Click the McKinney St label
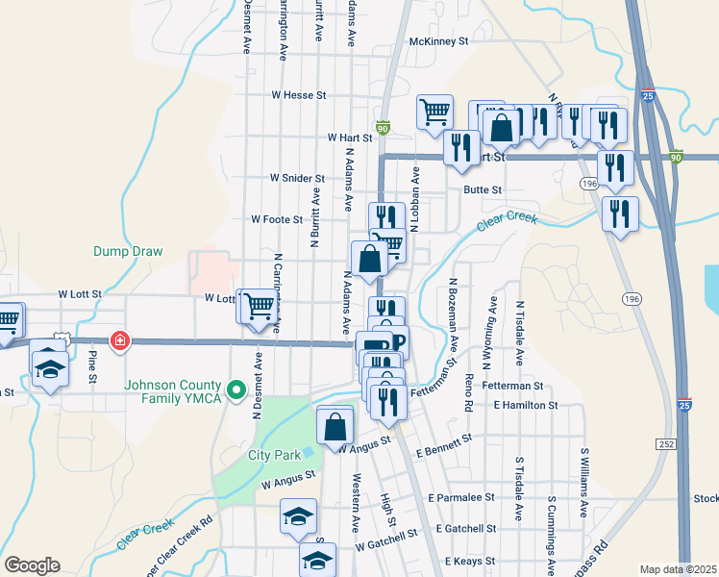(437, 41)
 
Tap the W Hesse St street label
(300, 95)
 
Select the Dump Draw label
(127, 251)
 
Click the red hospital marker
(120, 339)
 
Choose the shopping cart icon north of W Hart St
(434, 112)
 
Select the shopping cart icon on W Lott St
(259, 307)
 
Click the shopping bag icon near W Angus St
(335, 424)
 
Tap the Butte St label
(483, 190)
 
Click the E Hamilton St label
(526, 406)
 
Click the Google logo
(32, 564)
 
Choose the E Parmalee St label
(461, 498)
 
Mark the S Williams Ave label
(583, 479)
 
